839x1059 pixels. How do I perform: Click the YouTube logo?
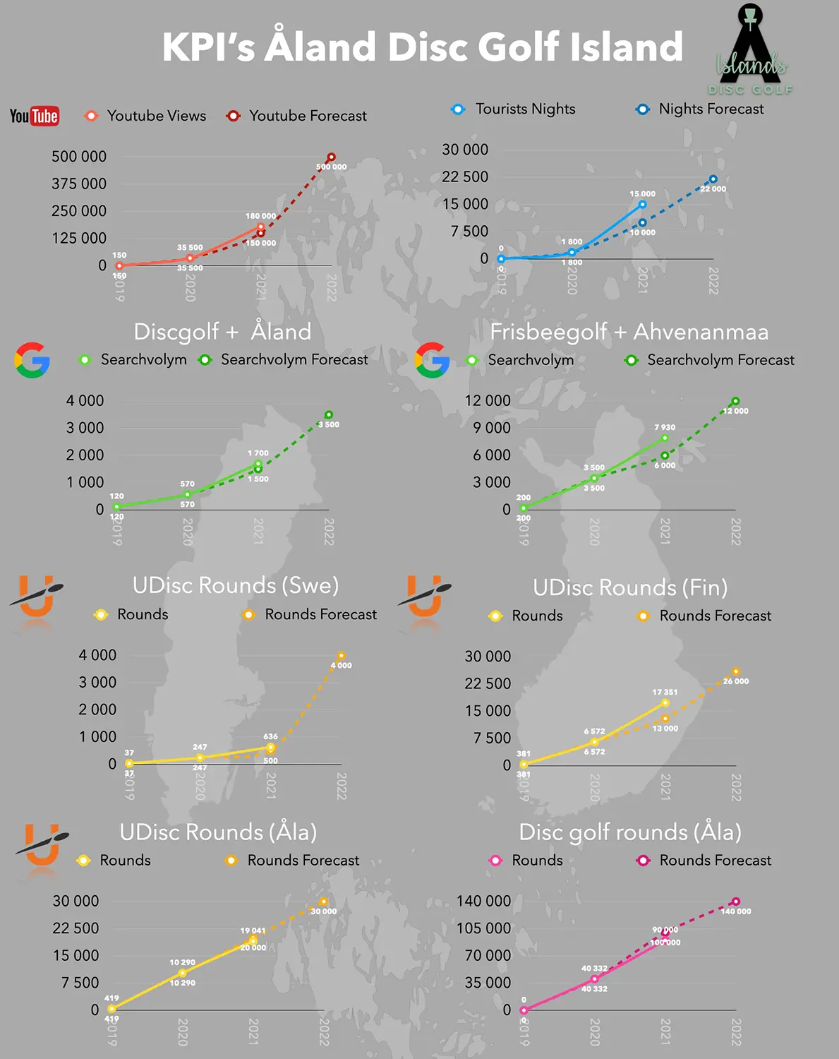[x=35, y=116]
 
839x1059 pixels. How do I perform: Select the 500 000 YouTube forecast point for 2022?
[x=331, y=157]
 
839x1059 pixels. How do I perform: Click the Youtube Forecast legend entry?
[x=297, y=116]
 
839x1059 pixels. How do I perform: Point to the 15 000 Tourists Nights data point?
[x=642, y=205]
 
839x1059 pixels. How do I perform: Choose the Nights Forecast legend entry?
[x=700, y=109]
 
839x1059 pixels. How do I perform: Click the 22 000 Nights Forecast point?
[x=713, y=179]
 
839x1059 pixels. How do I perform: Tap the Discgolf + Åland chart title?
[x=222, y=332]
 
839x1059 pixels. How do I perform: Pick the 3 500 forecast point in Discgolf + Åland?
[x=329, y=415]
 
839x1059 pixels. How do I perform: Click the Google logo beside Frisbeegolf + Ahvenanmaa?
[x=432, y=360]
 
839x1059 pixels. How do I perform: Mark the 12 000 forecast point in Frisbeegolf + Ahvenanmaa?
[x=735, y=401]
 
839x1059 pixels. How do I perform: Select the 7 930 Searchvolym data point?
[x=665, y=438]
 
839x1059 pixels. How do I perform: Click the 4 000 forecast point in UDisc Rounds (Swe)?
[x=341, y=656]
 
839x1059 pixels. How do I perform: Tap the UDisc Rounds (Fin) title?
[x=630, y=587]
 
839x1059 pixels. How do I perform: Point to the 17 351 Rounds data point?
[x=665, y=702]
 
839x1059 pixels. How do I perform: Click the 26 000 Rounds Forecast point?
[x=736, y=672]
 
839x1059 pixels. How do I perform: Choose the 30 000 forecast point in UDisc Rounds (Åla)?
[x=323, y=902]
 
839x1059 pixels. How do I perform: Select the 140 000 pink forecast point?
[x=735, y=902]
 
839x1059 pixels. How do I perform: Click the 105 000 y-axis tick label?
[x=483, y=928]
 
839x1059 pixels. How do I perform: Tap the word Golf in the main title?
[x=519, y=47]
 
